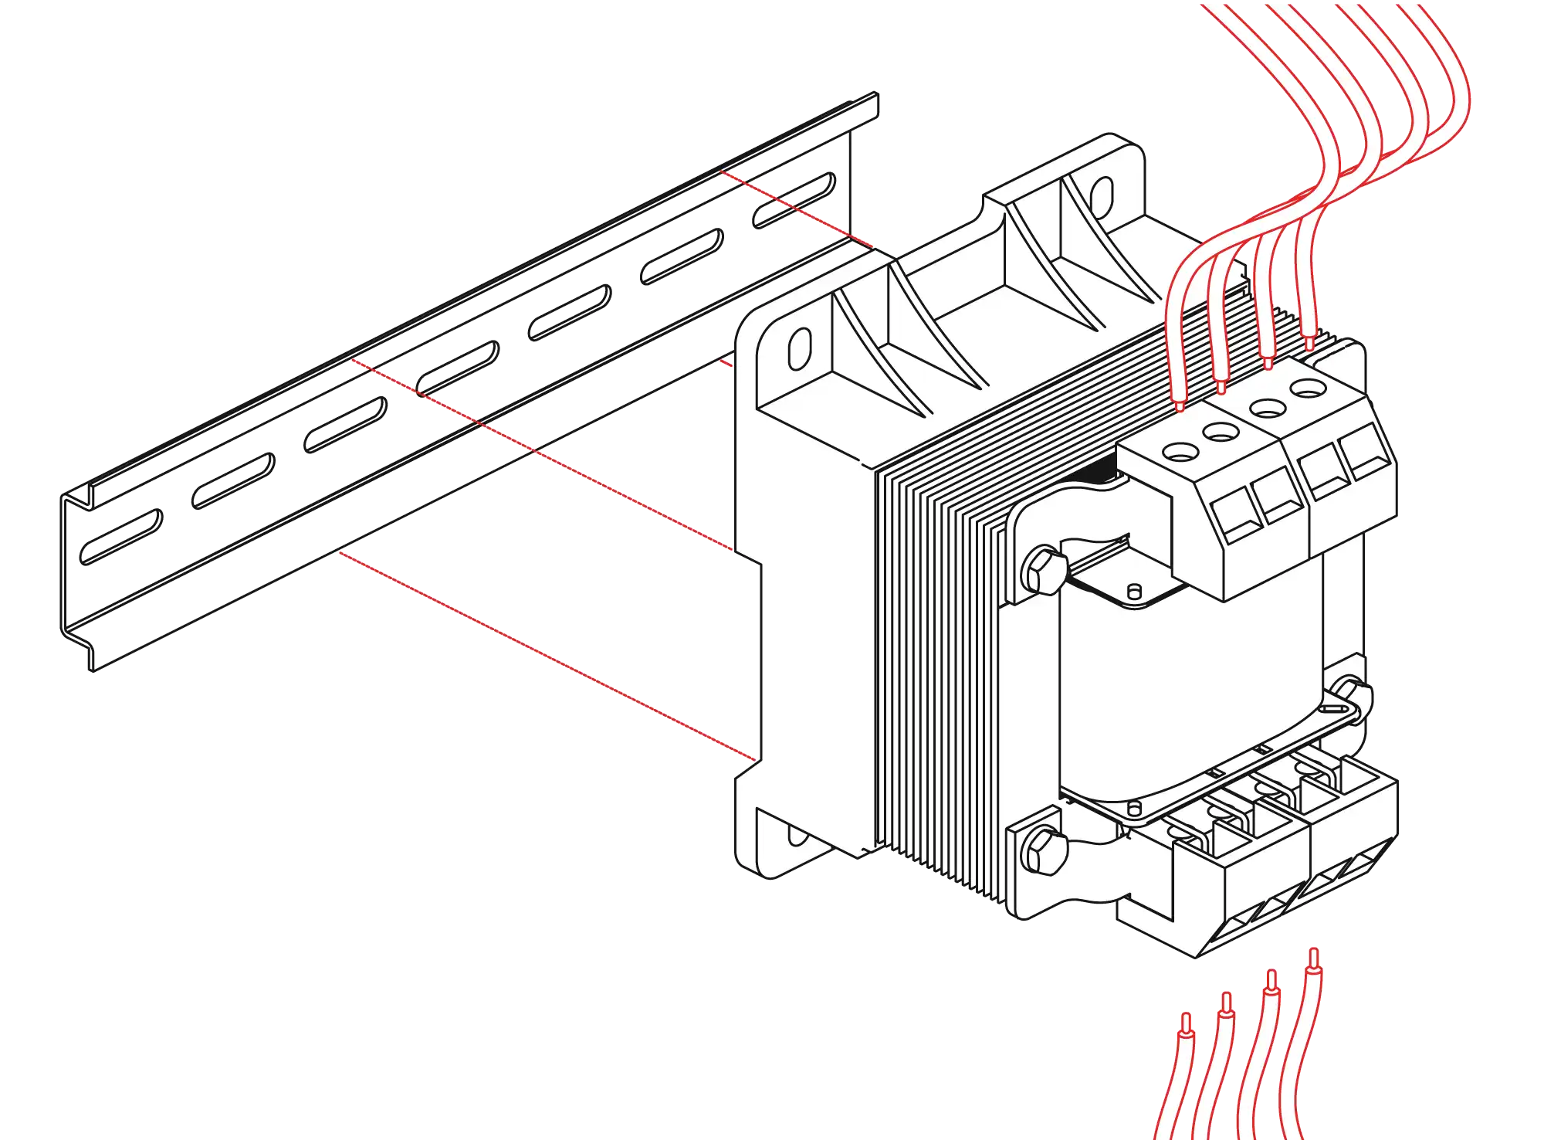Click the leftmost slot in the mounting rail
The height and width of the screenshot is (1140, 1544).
(122, 536)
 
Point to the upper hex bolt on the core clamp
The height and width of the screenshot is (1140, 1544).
(1044, 571)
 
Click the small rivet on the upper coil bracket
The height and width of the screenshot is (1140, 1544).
(1134, 592)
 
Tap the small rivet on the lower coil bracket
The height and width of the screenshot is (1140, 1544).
(1133, 808)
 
